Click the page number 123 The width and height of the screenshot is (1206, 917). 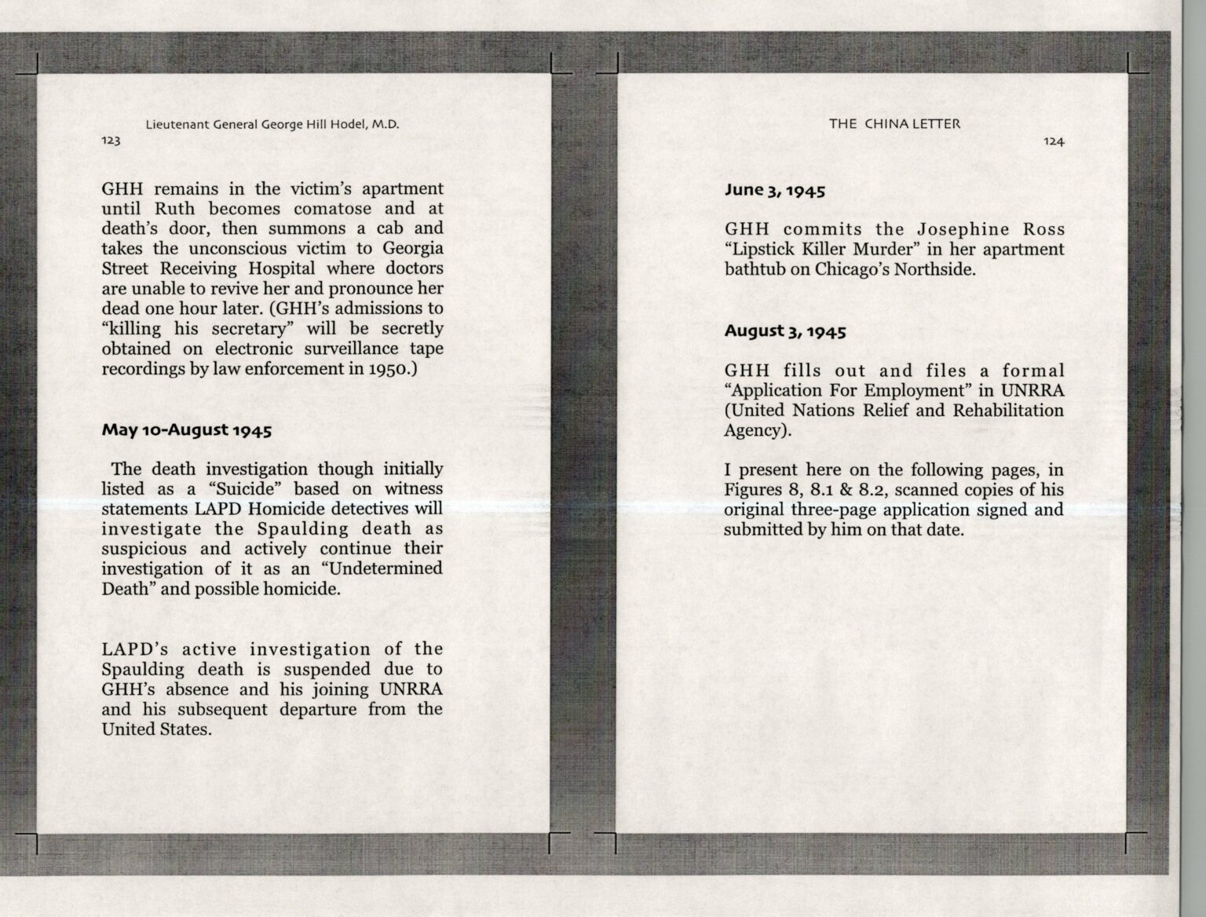[x=111, y=141]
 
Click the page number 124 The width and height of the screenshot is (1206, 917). [x=1054, y=142]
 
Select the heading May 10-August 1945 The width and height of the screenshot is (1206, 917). [x=187, y=430]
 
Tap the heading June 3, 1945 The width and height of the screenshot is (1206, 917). [x=774, y=190]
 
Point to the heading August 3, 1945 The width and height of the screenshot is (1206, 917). [x=785, y=331]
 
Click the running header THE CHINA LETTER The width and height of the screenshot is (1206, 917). [x=894, y=124]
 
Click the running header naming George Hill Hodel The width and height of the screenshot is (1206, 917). [x=272, y=124]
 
